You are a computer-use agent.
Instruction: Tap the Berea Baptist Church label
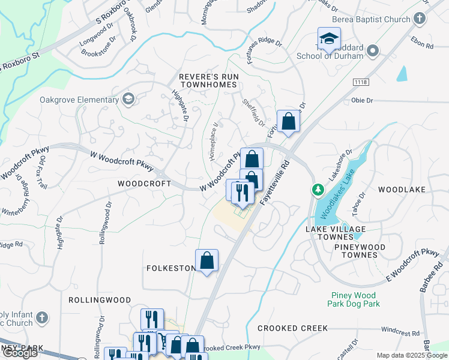370,19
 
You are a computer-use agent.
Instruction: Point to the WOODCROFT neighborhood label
140,183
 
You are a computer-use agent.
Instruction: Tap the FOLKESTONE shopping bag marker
206,261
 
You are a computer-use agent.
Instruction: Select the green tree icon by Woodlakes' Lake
318,190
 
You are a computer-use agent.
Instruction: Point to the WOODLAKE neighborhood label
402,190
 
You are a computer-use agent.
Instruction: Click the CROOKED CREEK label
292,328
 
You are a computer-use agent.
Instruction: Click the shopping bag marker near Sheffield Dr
288,122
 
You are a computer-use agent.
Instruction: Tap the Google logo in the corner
20,353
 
